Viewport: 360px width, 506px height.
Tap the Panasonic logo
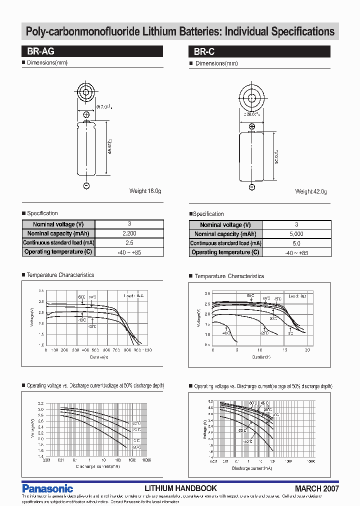pyautogui.click(x=47, y=488)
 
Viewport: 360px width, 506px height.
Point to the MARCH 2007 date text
pyautogui.click(x=316, y=488)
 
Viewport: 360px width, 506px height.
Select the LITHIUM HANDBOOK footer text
pyautogui.click(x=180, y=488)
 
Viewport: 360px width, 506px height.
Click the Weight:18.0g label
pyautogui.click(x=145, y=191)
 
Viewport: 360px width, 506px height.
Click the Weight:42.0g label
pyautogui.click(x=311, y=191)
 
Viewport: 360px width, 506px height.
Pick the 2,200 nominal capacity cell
pyautogui.click(x=129, y=233)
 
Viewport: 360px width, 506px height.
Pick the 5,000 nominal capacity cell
pyautogui.click(x=296, y=234)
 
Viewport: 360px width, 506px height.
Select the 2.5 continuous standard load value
pyautogui.click(x=129, y=242)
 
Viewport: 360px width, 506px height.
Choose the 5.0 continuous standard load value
pyautogui.click(x=296, y=243)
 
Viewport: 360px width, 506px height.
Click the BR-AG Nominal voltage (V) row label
pyautogui.click(x=58, y=224)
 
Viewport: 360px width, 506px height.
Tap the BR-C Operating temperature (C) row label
pyautogui.click(x=225, y=252)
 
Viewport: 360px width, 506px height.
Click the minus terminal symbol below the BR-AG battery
pyautogui.click(x=86, y=186)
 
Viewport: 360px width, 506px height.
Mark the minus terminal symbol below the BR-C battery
pyautogui.click(x=252, y=186)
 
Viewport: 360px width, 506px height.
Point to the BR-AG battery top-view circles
pyautogui.click(x=86, y=92)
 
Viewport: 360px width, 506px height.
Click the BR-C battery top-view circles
pyautogui.click(x=252, y=95)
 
